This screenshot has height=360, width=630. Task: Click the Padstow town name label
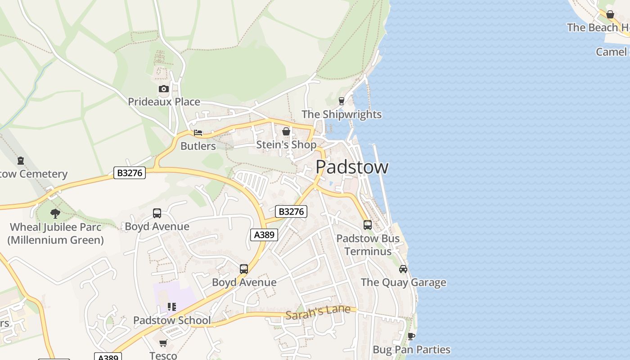pos(352,167)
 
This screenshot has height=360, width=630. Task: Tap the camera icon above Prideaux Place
pos(164,89)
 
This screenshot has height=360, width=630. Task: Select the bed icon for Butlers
pos(198,133)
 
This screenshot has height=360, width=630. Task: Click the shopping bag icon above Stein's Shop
pos(286,131)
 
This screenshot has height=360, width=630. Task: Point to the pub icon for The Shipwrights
pos(341,101)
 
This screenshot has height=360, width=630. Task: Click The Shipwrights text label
pos(342,114)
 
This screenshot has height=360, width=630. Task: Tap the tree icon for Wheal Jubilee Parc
pos(55,213)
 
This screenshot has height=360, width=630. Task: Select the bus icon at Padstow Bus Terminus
pos(368,225)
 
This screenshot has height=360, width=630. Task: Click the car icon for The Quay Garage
pos(403,269)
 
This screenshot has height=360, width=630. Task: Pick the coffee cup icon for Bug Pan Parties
pos(411,336)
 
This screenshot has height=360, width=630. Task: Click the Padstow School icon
pos(171,307)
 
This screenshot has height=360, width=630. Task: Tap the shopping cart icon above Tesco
pos(163,343)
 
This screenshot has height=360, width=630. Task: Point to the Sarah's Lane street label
pos(318,312)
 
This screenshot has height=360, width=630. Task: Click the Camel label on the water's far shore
pos(611,52)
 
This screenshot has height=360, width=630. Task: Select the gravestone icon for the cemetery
pos(21,160)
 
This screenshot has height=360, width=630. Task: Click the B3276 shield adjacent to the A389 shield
pos(291,211)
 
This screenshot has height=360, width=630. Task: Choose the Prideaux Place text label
pos(164,102)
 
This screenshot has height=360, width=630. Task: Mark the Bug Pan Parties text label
pos(411,350)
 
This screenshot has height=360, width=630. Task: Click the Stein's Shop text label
pos(286,144)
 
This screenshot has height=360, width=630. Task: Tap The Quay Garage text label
pos(403,283)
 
